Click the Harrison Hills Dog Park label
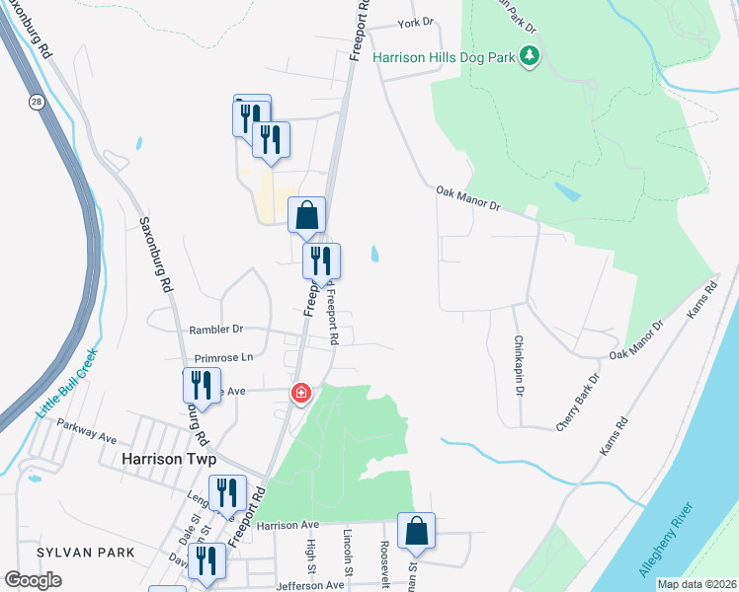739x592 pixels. (x=445, y=57)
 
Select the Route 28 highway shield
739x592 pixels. (x=36, y=101)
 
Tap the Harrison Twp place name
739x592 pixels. (x=168, y=459)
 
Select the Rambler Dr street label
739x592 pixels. (x=212, y=330)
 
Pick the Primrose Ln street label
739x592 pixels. (x=224, y=357)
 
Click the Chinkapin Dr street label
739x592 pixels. (x=519, y=365)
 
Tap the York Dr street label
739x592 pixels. (x=415, y=23)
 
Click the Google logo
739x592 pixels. (x=33, y=579)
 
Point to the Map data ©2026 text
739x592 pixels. (x=697, y=584)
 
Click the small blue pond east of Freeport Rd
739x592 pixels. (x=373, y=255)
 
